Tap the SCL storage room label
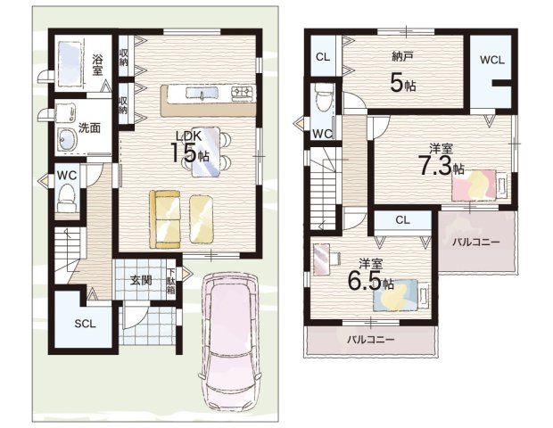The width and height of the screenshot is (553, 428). click(x=85, y=324)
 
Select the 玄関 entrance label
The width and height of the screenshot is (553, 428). click(x=141, y=280)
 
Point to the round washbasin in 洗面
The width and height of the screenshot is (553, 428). click(x=68, y=140)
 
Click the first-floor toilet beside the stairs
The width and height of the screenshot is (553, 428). click(x=66, y=198)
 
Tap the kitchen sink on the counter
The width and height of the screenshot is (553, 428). click(x=202, y=93)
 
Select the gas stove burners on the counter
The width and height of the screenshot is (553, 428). click(x=243, y=93)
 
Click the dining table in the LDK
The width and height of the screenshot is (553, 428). click(x=206, y=152)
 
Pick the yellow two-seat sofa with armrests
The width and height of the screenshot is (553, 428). click(x=165, y=219)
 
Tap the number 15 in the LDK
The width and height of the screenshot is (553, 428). click(x=183, y=152)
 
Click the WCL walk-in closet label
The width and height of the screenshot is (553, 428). click(x=492, y=60)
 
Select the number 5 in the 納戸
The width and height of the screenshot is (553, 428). click(x=396, y=83)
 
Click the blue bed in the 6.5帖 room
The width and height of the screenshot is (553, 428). click(x=401, y=295)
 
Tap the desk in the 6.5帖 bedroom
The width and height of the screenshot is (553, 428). click(x=321, y=259)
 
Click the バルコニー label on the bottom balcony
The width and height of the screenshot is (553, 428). click(x=370, y=339)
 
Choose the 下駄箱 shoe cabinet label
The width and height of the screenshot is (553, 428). click(x=170, y=282)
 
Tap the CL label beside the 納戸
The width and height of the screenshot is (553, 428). click(x=323, y=57)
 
